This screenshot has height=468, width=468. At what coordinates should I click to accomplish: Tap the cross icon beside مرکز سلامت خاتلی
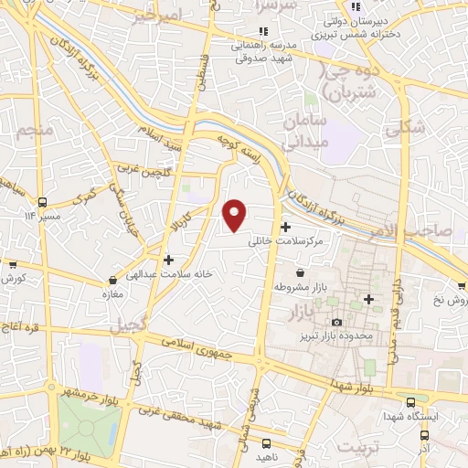[x=286, y=227]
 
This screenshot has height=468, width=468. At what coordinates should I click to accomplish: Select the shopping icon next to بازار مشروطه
[x=301, y=272]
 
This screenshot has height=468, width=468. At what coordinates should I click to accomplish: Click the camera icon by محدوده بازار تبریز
[x=336, y=322]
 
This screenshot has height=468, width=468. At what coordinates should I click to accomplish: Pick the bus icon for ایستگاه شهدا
[x=410, y=400]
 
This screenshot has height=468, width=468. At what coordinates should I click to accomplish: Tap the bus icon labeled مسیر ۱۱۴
[x=42, y=201]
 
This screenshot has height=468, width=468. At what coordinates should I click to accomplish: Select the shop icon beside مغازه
[x=112, y=280]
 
